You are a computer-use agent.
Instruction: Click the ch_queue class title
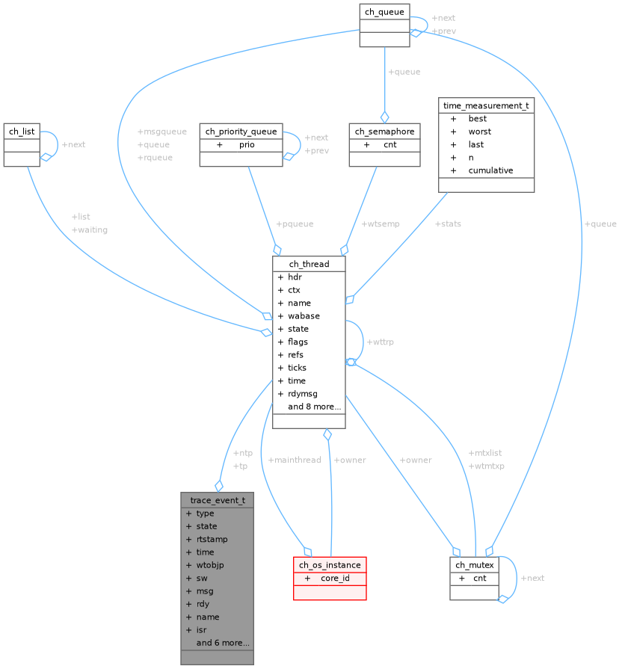(384, 11)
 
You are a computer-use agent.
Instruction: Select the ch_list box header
(22, 132)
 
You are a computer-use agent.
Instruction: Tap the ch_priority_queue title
(241, 132)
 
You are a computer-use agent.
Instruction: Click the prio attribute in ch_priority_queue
(247, 144)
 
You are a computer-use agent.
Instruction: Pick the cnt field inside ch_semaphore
(390, 144)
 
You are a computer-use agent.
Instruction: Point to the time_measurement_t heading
(486, 105)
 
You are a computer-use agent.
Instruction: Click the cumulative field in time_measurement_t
(490, 170)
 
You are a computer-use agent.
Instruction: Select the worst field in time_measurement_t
(480, 132)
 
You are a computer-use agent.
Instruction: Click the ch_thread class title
(309, 264)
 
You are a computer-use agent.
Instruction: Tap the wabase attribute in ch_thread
(304, 315)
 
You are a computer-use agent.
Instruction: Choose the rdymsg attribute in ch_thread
(304, 393)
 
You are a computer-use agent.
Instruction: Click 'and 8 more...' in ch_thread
(314, 407)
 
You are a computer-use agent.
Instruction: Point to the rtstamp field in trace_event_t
(212, 539)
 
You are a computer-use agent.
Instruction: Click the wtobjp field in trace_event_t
(209, 565)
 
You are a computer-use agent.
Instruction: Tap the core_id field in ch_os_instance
(335, 578)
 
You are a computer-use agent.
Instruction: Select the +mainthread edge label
(294, 460)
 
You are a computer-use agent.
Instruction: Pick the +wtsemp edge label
(381, 223)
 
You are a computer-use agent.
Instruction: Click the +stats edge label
(448, 223)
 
